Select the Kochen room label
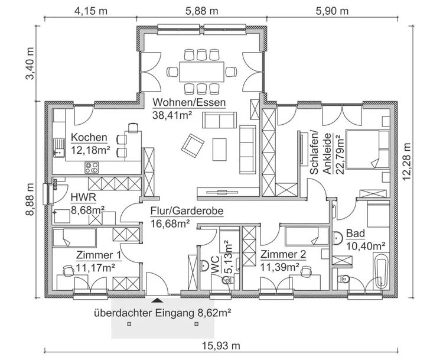coord(89,138)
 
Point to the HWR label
coord(81,197)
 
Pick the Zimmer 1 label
coord(99,255)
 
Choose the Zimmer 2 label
coord(282,255)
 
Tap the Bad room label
coord(355,233)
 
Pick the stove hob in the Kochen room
coord(93,167)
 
